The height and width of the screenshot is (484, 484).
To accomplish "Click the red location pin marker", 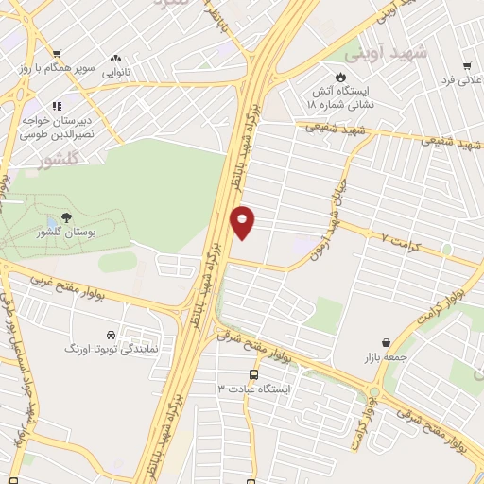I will pos(243,220).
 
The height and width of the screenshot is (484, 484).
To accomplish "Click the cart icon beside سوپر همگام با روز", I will pos(58,54).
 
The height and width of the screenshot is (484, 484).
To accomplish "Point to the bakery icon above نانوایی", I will pos(116,58).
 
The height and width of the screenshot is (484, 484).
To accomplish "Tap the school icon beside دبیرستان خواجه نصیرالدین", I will pos(57,106).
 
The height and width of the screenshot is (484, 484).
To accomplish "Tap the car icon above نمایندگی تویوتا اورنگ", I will pos(112,336).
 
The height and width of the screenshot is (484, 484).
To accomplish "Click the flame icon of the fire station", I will pos(341,78).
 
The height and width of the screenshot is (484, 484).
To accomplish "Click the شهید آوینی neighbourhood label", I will pos(378,53).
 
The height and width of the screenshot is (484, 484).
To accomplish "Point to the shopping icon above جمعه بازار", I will pos(385,343).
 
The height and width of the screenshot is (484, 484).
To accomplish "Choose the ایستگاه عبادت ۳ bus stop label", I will pos(255,389).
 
